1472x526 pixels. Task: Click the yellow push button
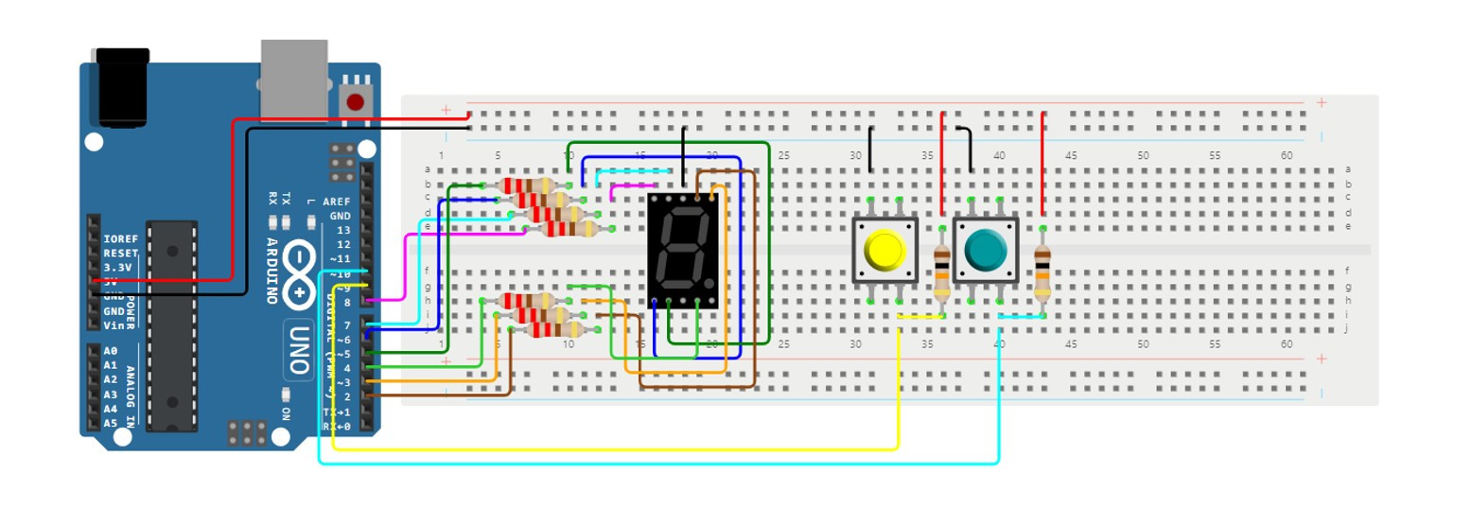pyautogui.click(x=885, y=251)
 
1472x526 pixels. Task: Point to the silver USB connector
pyautogui.click(x=293, y=78)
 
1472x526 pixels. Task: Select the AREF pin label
pyautogui.click(x=336, y=202)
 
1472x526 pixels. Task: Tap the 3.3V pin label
pyautogui.click(x=120, y=268)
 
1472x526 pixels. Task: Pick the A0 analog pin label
pyautogui.click(x=111, y=350)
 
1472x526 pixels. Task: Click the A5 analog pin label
pyautogui.click(x=111, y=423)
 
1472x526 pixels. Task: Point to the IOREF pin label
pyautogui.click(x=120, y=238)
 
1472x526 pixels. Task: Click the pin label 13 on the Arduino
pyautogui.click(x=342, y=230)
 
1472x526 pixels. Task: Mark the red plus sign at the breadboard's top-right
pyautogui.click(x=1321, y=102)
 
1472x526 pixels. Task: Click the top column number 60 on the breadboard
pyautogui.click(x=1287, y=155)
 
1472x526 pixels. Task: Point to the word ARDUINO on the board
pyautogui.click(x=272, y=269)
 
